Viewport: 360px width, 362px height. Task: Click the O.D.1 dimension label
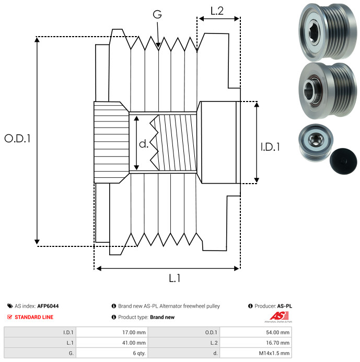click(18, 139)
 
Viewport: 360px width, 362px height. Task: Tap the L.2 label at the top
click(217, 10)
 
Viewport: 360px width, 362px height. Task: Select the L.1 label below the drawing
click(175, 279)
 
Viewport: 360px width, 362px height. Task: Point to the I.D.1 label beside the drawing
click(270, 147)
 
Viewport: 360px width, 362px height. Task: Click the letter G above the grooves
click(157, 15)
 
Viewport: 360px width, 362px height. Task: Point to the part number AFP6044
click(51, 306)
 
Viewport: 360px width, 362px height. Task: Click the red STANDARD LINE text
click(34, 317)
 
